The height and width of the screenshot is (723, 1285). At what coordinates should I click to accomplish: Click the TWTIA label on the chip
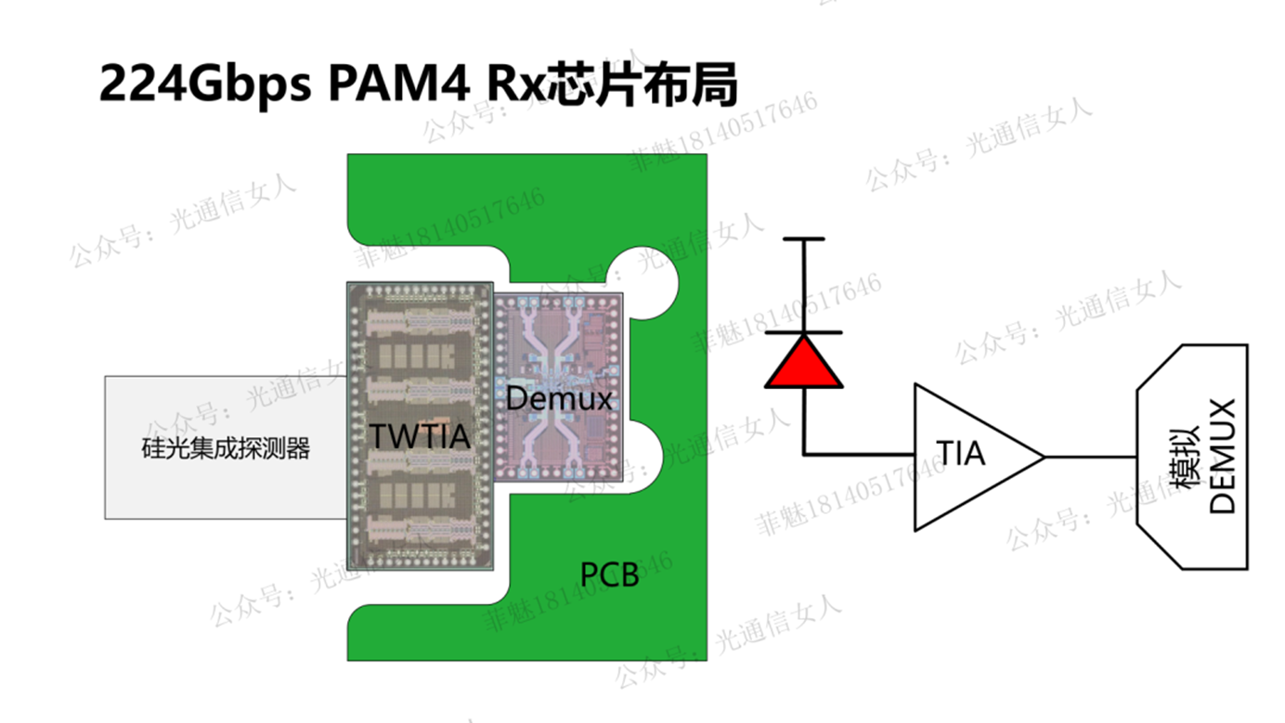(x=420, y=434)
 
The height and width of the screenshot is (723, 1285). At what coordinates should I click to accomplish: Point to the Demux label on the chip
(x=560, y=398)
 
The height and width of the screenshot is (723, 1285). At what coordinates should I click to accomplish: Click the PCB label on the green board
(x=609, y=575)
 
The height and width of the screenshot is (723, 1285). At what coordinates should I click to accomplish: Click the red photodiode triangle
(x=804, y=363)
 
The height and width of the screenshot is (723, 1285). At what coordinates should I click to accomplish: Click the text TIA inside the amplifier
(x=960, y=455)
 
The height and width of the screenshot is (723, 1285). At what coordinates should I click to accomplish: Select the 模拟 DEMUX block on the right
(x=1192, y=457)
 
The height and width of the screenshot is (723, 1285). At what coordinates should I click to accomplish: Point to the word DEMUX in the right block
(x=1224, y=457)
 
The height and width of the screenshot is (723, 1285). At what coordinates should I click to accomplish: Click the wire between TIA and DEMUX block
(x=1091, y=457)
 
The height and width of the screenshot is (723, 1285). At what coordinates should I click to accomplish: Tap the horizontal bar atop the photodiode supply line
(x=804, y=239)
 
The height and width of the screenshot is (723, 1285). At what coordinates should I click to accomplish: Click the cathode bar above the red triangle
(x=804, y=332)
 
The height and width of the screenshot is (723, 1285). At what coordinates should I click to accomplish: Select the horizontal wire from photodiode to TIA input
(x=859, y=455)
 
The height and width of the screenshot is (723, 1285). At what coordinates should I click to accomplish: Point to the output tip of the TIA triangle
(x=1043, y=457)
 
